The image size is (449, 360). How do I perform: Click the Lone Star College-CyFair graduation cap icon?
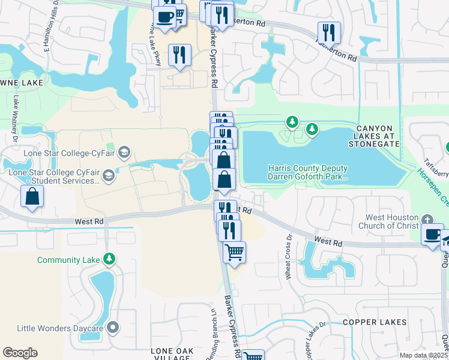[124, 152]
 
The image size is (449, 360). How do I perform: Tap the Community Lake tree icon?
[109, 259]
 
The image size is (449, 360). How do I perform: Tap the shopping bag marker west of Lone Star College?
[32, 196]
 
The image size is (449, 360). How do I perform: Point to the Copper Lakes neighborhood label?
[376, 322]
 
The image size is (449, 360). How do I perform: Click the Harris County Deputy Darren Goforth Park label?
[308, 173]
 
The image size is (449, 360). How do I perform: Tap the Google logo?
[20, 353]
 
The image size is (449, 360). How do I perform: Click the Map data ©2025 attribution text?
[423, 355]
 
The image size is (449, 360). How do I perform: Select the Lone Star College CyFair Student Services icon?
[109, 175]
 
